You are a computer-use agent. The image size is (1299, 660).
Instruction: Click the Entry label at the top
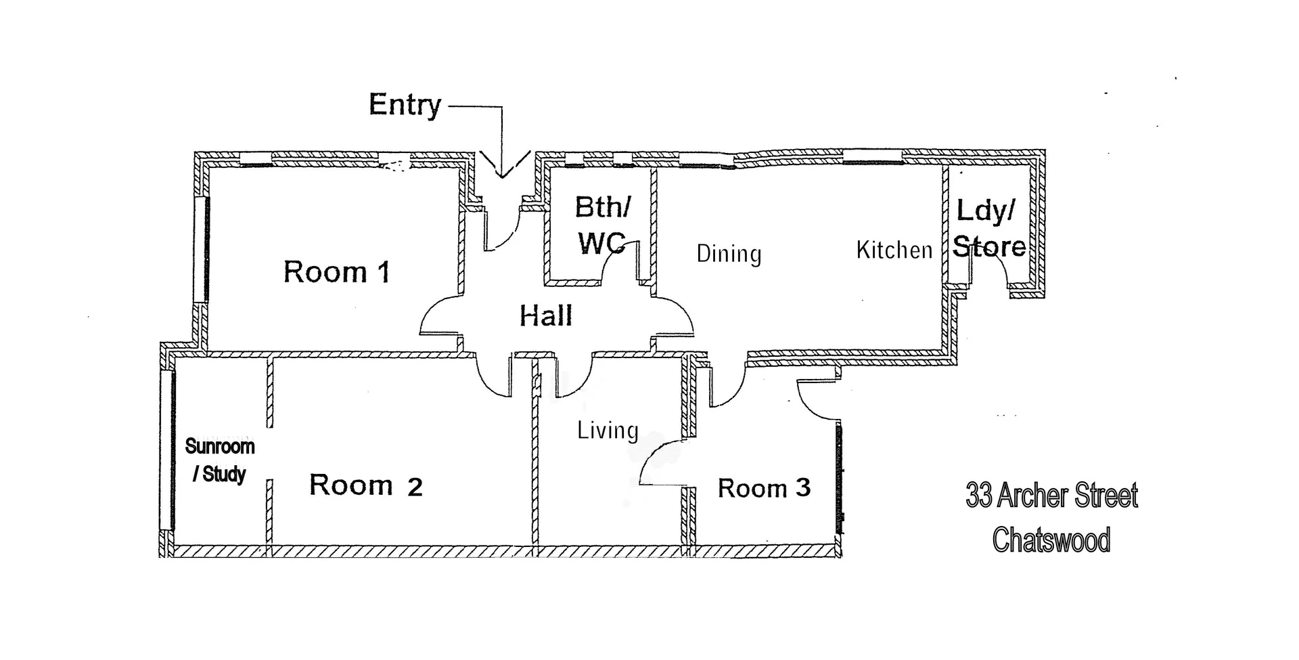click(x=405, y=105)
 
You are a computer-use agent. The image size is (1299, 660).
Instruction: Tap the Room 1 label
click(x=336, y=272)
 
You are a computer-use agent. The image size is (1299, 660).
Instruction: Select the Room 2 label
click(x=365, y=485)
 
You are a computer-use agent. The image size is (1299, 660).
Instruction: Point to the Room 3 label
click(x=764, y=488)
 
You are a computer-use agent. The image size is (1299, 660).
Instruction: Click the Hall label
click(x=545, y=316)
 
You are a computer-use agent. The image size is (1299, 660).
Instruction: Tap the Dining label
click(x=729, y=254)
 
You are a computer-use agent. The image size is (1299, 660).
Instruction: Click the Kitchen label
click(x=894, y=250)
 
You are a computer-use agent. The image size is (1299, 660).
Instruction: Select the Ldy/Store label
click(x=988, y=229)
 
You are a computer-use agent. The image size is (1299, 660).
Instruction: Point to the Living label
click(x=608, y=431)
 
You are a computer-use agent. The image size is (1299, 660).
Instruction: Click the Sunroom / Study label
click(x=219, y=460)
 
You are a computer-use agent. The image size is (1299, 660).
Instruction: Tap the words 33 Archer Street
click(x=1051, y=496)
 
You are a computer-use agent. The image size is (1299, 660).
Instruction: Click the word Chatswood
click(x=1051, y=540)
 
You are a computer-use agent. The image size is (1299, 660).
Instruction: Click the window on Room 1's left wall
click(x=201, y=249)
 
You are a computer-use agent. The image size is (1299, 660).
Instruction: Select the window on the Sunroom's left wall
click(x=167, y=450)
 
